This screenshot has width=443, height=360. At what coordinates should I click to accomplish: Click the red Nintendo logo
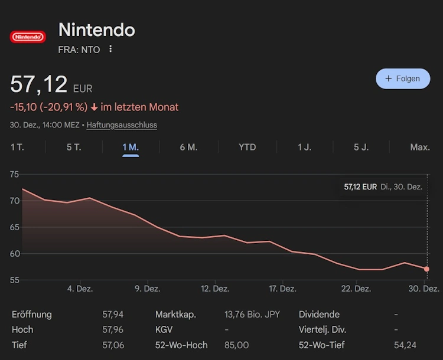click(28, 37)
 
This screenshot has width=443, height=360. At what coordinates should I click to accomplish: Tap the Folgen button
click(403, 78)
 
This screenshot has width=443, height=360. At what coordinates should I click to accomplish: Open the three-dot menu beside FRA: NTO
click(110, 50)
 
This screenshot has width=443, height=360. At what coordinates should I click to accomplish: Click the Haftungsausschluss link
click(122, 125)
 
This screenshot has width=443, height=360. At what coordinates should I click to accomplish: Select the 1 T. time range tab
click(17, 147)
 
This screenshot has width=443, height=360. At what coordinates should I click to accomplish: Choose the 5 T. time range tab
click(74, 147)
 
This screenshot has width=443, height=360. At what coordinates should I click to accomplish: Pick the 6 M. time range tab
click(188, 147)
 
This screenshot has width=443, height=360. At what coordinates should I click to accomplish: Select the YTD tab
click(247, 147)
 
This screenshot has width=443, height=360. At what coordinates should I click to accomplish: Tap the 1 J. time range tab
click(304, 147)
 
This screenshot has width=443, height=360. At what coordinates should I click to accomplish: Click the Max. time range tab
click(419, 147)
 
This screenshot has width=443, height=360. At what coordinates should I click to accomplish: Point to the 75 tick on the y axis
click(14, 174)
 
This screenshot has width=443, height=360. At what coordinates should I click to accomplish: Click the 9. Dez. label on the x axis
click(148, 289)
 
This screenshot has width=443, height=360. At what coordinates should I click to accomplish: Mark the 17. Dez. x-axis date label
click(283, 289)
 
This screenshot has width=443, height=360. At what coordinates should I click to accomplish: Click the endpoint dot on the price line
click(426, 269)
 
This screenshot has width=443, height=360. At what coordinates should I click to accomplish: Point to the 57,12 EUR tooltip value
click(360, 187)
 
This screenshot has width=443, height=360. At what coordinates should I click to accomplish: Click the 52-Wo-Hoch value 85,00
click(236, 345)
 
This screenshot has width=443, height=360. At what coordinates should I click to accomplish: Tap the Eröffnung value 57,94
click(113, 315)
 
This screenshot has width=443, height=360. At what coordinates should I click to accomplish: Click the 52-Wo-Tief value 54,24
click(405, 345)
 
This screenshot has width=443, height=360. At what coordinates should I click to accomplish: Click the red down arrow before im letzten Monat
click(95, 107)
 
